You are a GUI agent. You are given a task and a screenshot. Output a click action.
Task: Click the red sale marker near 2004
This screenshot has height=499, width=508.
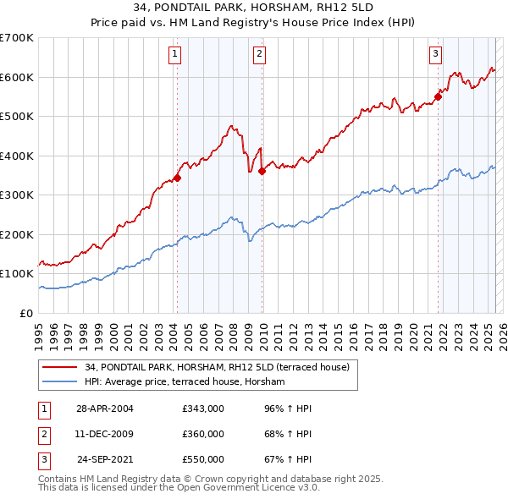[177, 178]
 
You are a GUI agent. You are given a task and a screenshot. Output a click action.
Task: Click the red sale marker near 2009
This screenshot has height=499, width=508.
[262, 171]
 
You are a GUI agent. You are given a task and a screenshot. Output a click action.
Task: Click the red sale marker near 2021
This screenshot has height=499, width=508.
[438, 96]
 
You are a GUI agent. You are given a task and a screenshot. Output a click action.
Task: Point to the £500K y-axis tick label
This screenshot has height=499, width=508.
[17, 117]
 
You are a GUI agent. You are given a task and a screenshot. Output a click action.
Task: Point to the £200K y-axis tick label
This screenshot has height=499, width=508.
[17, 234]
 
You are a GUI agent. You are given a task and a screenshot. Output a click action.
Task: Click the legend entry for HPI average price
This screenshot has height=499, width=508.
[185, 382]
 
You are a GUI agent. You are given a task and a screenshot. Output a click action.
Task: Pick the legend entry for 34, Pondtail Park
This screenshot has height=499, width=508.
[222, 367]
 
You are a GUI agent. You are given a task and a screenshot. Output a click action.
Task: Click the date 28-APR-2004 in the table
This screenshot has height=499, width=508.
[104, 409]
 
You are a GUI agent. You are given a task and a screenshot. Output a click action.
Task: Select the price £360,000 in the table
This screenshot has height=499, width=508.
[202, 434]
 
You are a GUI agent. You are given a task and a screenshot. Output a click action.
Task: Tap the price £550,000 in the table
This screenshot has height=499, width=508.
[202, 459]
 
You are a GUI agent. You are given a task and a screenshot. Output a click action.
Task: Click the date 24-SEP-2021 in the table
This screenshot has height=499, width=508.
[104, 459]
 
